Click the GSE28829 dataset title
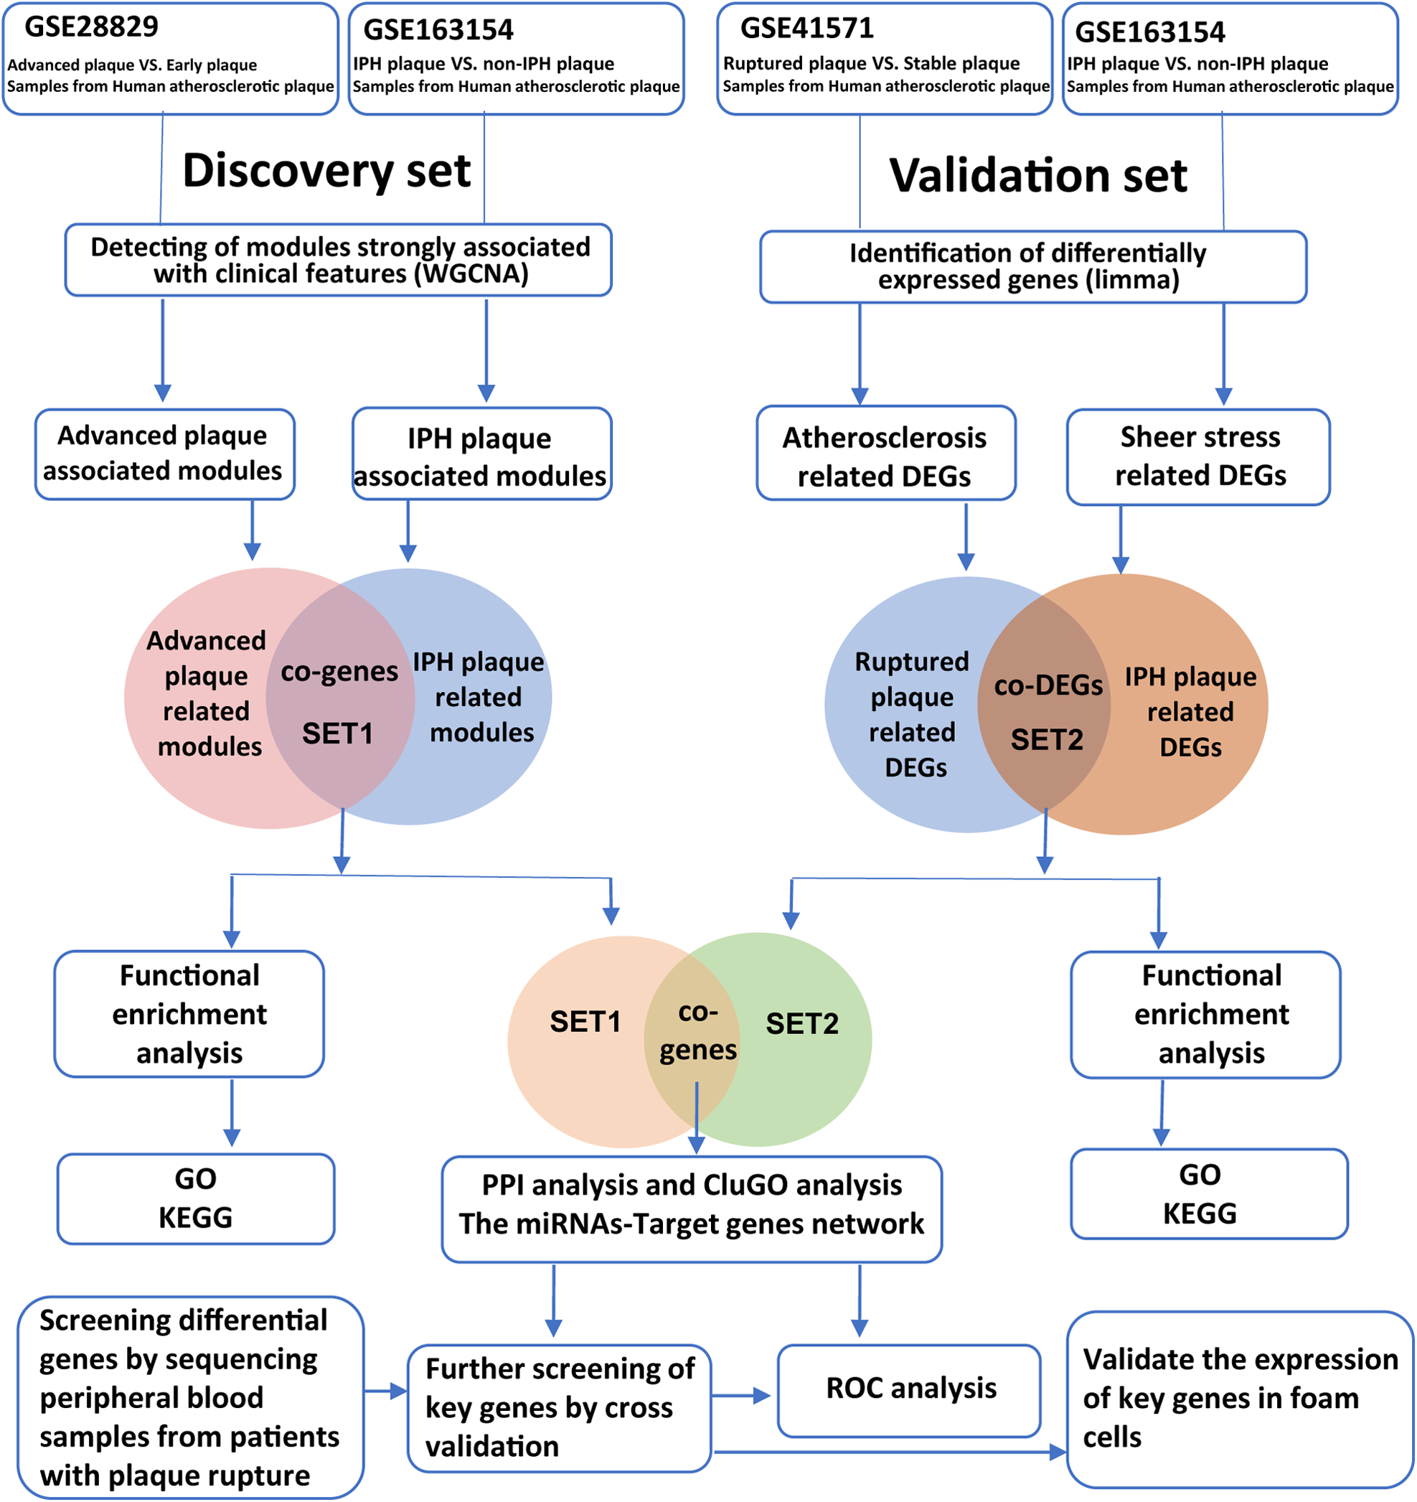point(91,27)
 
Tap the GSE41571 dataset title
point(806,28)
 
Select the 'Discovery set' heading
point(326,170)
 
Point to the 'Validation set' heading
point(1038,175)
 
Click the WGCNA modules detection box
point(339,260)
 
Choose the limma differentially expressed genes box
point(1033,267)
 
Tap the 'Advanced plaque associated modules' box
point(165,454)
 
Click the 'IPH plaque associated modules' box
point(482,454)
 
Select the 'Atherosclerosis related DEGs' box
point(886,454)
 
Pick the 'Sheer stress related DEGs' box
point(1199,457)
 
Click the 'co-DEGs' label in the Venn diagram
point(1048,685)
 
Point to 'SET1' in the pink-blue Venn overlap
point(338,733)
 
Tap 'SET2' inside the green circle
point(802,1024)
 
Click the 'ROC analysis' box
point(910,1391)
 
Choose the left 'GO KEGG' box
point(197,1199)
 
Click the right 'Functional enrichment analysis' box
point(1206,1015)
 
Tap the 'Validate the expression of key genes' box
point(1241,1400)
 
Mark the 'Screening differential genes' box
point(190,1398)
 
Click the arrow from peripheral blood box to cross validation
point(386,1391)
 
